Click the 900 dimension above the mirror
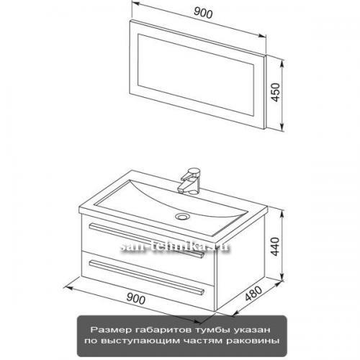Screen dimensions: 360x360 point(203,13)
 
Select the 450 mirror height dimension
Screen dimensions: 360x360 point(276,92)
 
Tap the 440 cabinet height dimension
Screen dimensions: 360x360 point(276,246)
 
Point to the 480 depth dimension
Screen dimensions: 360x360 point(253,293)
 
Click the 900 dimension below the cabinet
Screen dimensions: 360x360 point(135,299)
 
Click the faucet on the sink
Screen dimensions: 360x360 point(190,181)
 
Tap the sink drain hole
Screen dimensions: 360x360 point(181,217)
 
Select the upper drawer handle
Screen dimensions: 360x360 point(146,240)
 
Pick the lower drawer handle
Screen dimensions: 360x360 point(146,277)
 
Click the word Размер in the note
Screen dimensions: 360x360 point(112,330)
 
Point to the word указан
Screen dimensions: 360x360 point(251,330)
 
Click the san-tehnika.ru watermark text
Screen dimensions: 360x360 point(175,247)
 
